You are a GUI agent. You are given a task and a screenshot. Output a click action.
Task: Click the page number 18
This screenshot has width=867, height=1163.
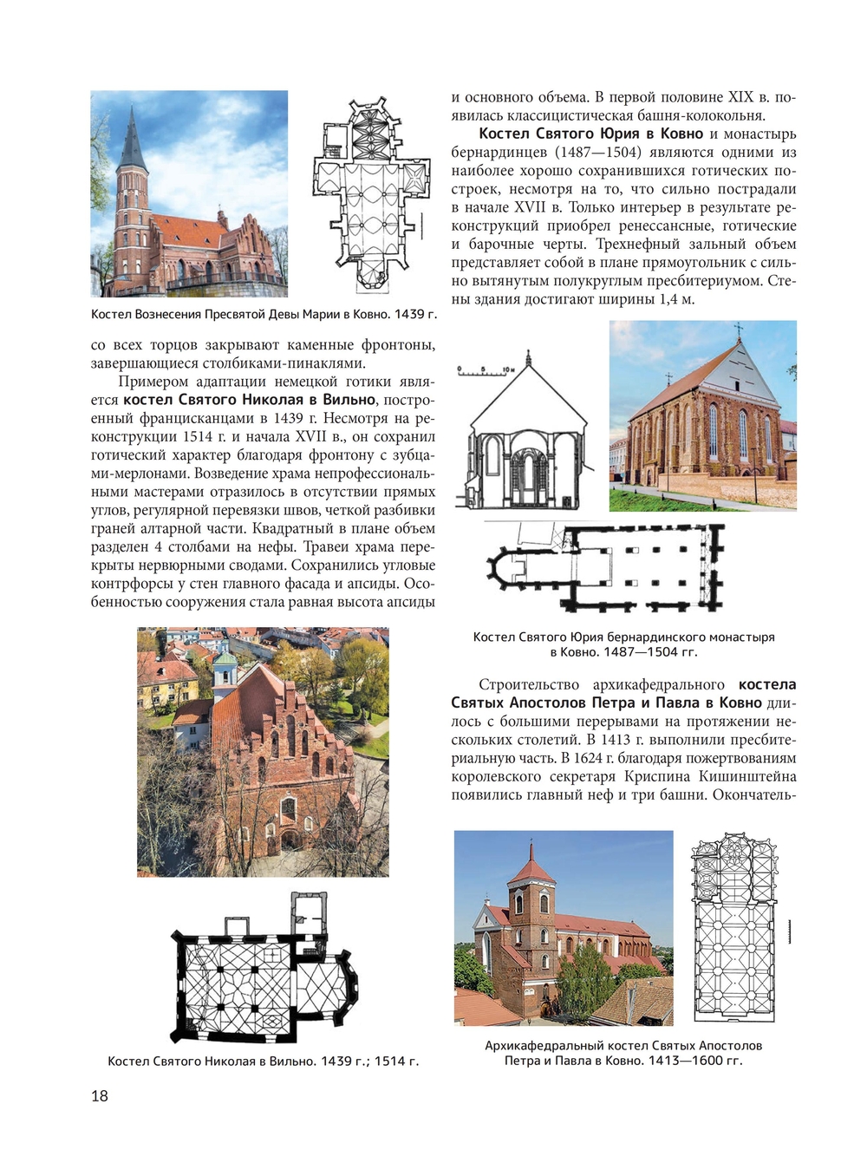point(100,1095)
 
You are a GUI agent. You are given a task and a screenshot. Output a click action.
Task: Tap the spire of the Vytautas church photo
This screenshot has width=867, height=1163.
point(132,139)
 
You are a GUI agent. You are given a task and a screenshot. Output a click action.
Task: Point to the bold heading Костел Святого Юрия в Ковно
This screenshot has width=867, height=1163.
point(591,134)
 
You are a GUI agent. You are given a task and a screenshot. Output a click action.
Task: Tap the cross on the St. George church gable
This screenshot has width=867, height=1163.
point(738,330)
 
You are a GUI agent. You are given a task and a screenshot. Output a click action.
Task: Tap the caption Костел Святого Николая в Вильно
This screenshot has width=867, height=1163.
point(211,1061)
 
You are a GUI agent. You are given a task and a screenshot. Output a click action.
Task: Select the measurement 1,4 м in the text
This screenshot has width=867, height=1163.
point(672,299)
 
